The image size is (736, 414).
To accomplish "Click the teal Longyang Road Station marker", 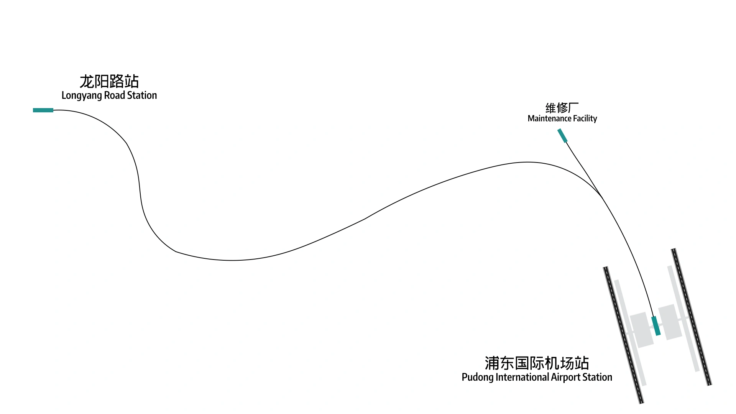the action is [43, 110].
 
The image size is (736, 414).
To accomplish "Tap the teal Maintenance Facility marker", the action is [562, 136].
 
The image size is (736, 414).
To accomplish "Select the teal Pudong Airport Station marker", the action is [656, 326].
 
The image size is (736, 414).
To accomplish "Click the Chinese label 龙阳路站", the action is [109, 81].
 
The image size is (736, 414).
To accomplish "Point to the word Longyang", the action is [82, 95].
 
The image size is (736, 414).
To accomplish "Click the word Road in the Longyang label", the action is [115, 95].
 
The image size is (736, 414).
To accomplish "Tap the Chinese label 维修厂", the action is [562, 108].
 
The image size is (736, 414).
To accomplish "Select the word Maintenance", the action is [549, 118].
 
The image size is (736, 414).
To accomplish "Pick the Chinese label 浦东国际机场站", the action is [537, 363].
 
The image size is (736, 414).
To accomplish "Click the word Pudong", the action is [478, 378].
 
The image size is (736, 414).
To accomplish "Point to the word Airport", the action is [566, 378].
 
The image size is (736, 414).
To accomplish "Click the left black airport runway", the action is [623, 335].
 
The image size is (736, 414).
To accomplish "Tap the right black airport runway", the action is [692, 317].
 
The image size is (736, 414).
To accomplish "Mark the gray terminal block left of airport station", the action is [642, 330].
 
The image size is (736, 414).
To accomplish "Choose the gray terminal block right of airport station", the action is [670, 322].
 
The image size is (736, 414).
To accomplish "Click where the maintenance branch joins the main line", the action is [602, 197].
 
